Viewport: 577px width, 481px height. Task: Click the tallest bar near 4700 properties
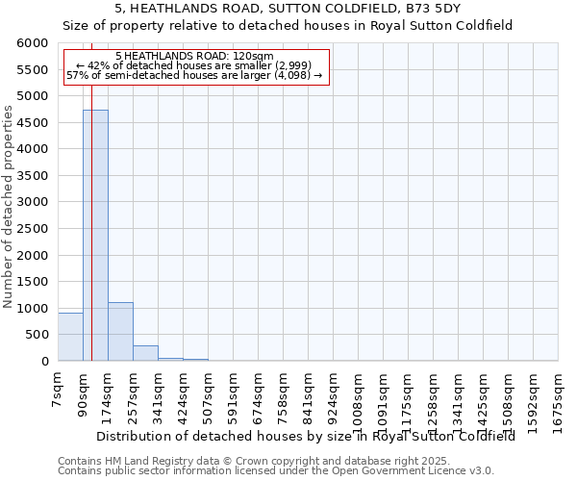click(95, 236)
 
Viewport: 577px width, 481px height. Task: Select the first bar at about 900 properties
click(70, 337)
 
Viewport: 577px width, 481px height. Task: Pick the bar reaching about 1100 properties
click(120, 332)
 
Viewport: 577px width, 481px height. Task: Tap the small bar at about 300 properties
click(145, 353)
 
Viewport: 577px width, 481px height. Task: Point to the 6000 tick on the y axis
click(33, 43)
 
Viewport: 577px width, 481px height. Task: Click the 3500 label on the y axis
click(33, 176)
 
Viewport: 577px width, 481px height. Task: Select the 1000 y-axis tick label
click(33, 309)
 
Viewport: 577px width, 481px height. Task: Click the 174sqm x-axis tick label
click(109, 392)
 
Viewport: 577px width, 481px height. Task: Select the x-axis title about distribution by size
click(306, 436)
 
